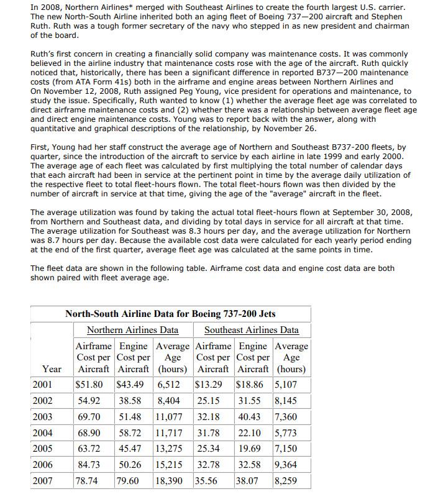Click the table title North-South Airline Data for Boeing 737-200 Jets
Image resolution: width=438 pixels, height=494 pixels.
[170, 314]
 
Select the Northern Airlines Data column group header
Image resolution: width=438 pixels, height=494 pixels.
[132, 330]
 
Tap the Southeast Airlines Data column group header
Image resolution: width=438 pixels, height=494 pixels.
[252, 330]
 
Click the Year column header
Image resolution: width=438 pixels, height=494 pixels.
[52, 369]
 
